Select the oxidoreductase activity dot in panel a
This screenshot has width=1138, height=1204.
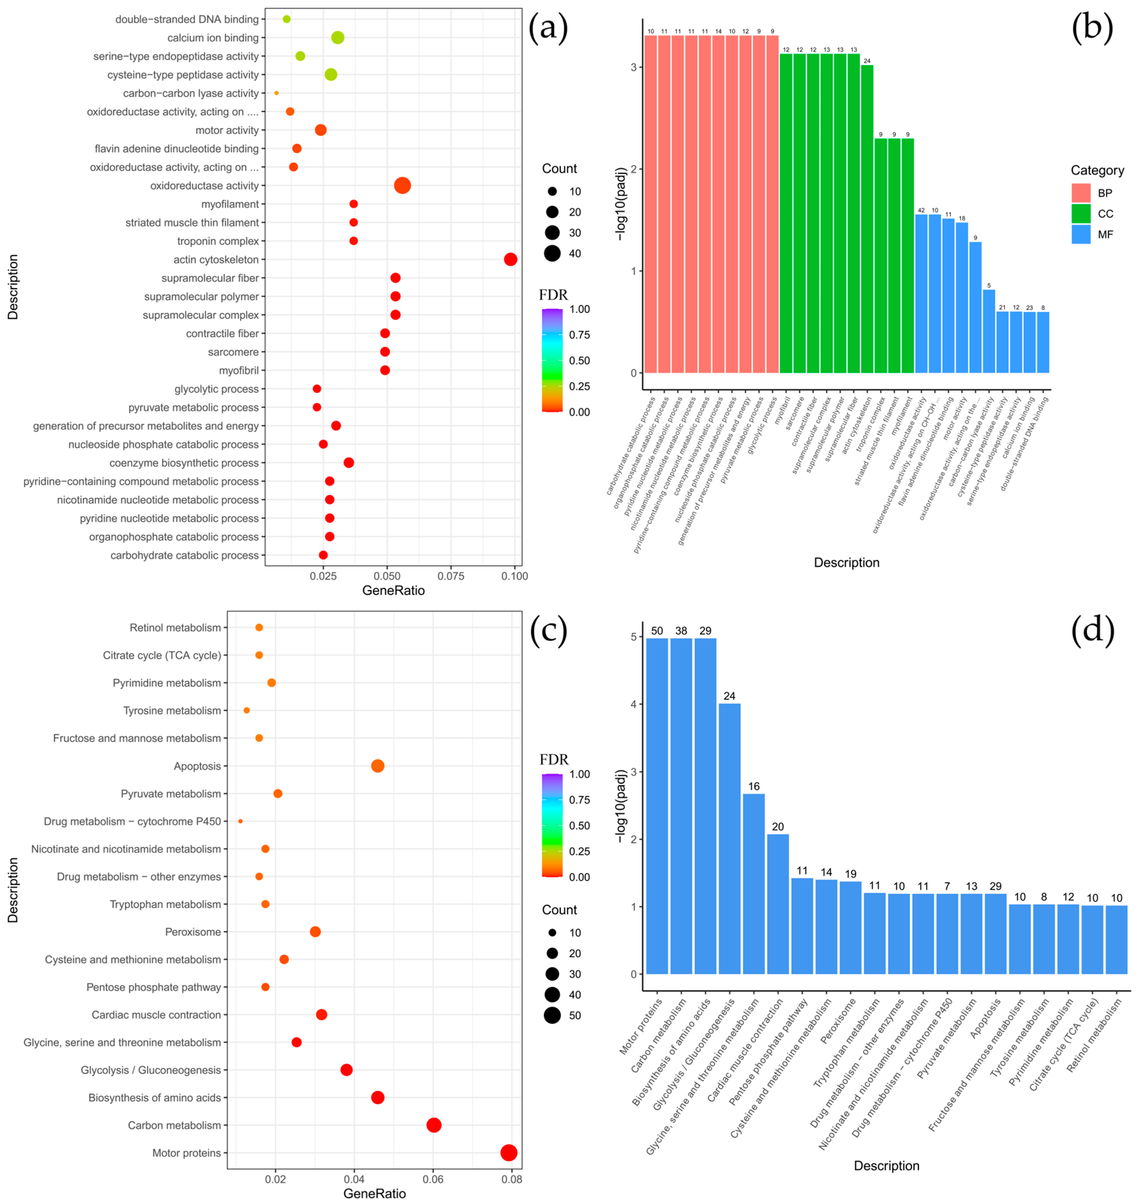point(402,186)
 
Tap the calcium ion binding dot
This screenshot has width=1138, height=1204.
point(338,38)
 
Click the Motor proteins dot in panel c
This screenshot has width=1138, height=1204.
point(509,1152)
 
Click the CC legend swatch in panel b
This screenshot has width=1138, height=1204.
point(1081,214)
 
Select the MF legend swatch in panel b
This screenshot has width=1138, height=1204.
point(1081,234)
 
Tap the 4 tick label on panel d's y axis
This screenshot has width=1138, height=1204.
point(633,704)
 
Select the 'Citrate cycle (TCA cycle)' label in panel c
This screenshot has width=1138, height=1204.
point(162,655)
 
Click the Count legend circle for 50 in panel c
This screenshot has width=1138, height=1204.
point(552,1015)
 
